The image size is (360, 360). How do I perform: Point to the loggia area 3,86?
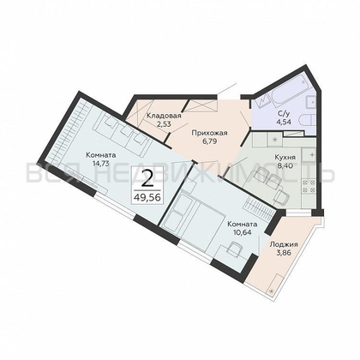tap(284, 254)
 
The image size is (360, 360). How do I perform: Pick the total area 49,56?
tap(148, 196)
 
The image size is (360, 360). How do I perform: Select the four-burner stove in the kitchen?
tap(311, 162)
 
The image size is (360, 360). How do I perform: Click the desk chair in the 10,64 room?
tap(233, 248)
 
